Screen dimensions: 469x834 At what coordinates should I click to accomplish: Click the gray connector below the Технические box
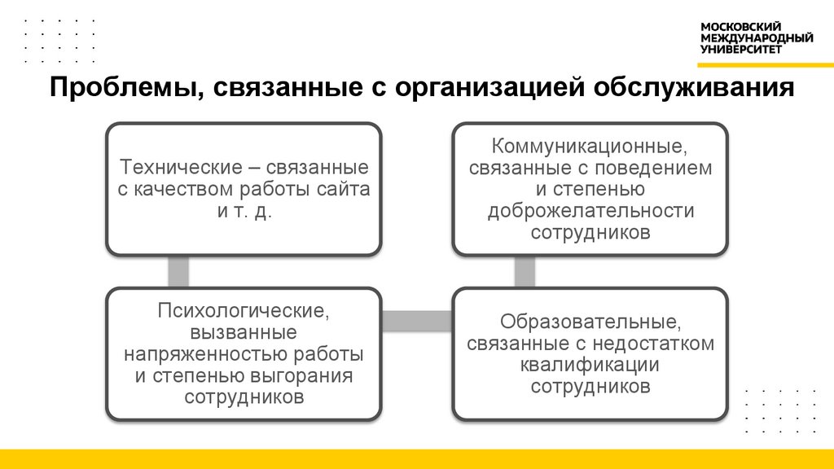pos(178,271)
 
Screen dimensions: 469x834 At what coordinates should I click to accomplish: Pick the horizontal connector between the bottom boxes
pos(417,321)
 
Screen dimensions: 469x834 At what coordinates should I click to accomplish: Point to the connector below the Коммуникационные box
pos(525,271)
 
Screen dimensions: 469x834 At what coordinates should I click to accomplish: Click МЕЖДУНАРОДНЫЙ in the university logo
pos(757,37)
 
